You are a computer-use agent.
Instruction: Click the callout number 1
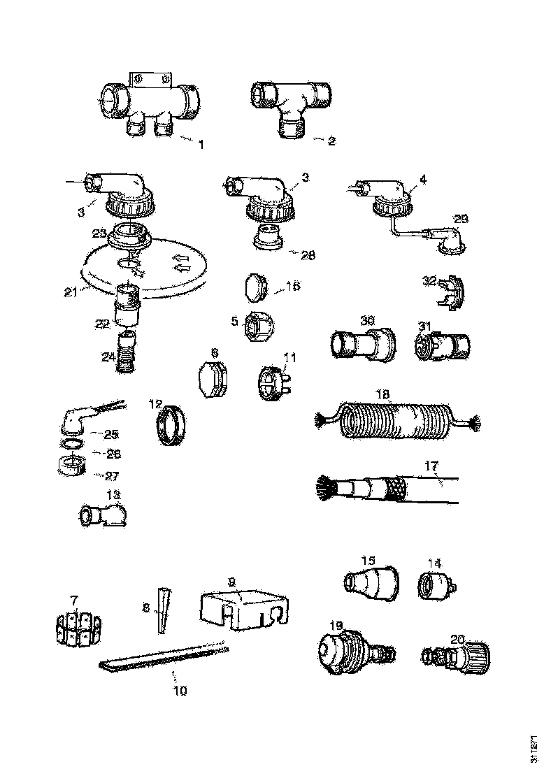201,145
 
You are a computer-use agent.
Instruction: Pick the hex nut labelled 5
256,327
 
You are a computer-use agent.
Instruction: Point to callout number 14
435,563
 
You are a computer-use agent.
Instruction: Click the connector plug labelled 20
458,657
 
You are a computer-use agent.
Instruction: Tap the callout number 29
459,220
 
